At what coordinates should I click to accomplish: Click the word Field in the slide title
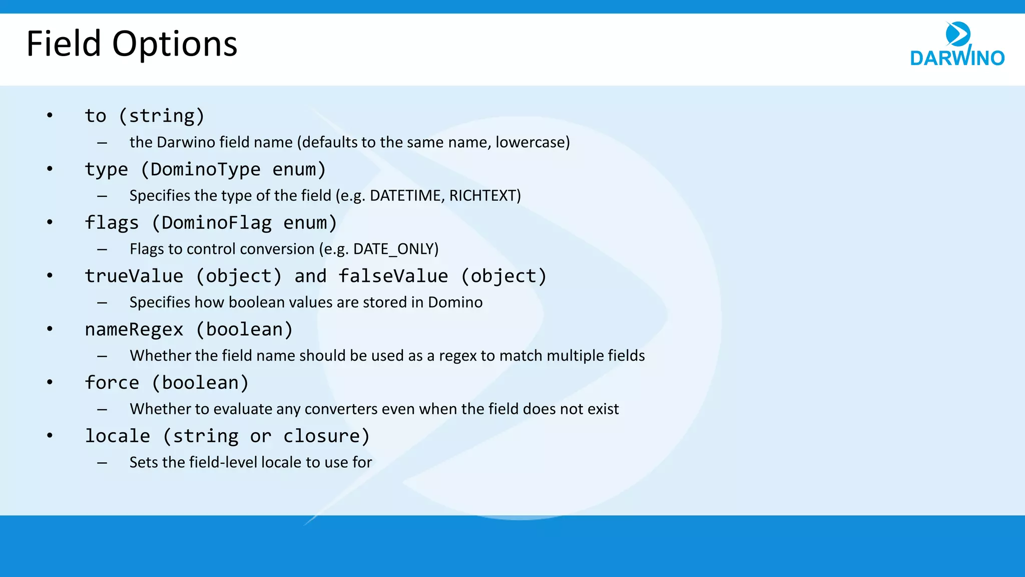(x=64, y=44)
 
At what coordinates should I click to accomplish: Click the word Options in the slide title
(x=175, y=45)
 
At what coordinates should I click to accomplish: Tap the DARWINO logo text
(x=957, y=58)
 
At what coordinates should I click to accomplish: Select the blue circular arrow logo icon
(x=958, y=34)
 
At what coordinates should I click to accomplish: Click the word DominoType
(x=205, y=169)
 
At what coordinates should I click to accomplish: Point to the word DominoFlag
(x=216, y=222)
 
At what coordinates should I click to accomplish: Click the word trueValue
(x=134, y=276)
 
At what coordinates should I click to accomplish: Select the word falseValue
(x=393, y=276)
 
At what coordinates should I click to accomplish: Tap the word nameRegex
(x=134, y=330)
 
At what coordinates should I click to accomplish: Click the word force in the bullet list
(x=112, y=383)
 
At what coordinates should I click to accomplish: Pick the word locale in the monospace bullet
(x=117, y=436)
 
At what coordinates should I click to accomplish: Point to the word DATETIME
(x=405, y=195)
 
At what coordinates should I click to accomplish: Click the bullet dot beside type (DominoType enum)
(x=50, y=169)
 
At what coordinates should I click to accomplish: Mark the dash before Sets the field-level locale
(x=102, y=463)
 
